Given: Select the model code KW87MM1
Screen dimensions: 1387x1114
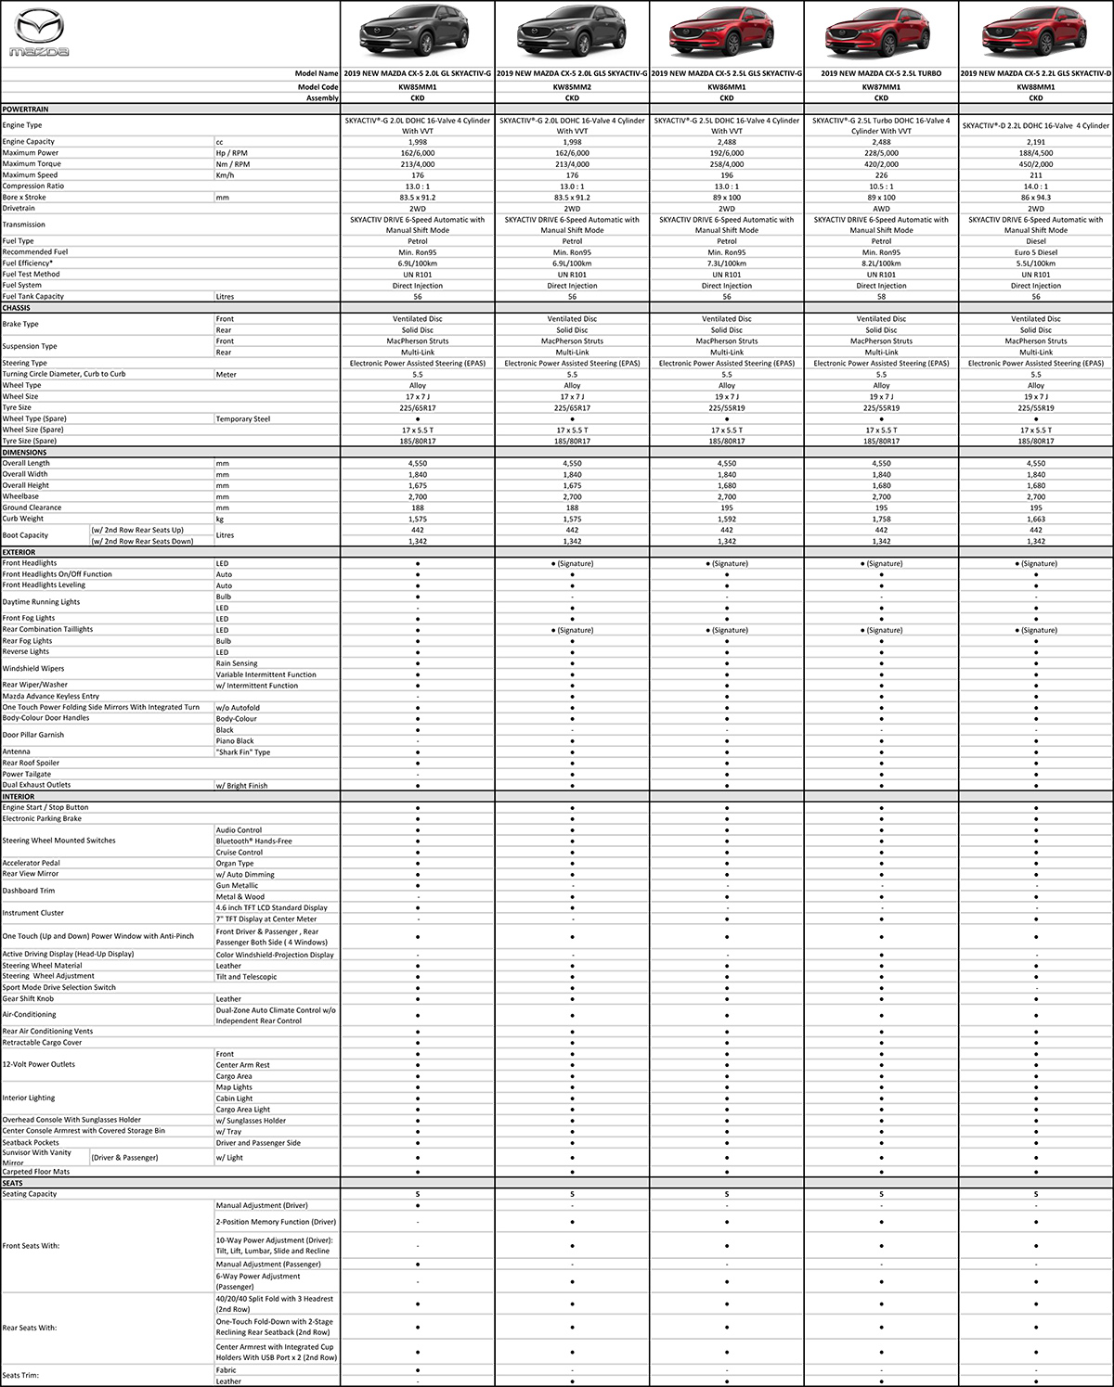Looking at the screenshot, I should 881,87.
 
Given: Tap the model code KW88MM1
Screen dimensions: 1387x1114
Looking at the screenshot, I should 1036,87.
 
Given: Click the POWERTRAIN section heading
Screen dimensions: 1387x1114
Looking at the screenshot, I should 25,109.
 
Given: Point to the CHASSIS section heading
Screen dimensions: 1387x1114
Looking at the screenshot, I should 17,308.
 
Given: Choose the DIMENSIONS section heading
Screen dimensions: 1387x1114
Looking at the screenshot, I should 24,452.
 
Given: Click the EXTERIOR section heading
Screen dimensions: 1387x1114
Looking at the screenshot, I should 19,552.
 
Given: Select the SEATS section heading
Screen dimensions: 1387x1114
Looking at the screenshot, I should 13,1183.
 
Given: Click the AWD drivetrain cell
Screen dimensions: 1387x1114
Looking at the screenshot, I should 881,209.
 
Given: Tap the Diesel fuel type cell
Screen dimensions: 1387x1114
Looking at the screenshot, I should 1036,241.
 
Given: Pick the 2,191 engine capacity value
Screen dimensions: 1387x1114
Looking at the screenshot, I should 1036,142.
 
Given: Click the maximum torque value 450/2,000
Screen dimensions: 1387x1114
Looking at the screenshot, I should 1036,164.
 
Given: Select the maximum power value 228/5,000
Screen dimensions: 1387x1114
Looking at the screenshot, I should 881,153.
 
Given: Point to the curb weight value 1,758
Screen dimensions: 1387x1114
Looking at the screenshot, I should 881,519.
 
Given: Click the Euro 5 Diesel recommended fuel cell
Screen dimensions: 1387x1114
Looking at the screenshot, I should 1036,252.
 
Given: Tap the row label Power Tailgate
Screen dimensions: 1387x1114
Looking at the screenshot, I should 27,774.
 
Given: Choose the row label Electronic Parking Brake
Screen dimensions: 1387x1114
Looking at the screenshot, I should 42,818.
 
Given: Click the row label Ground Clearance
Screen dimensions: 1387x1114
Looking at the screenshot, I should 32,507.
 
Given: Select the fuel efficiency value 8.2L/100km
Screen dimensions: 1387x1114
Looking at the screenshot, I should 881,263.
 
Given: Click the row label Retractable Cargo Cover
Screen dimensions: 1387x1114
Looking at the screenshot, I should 42,1042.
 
